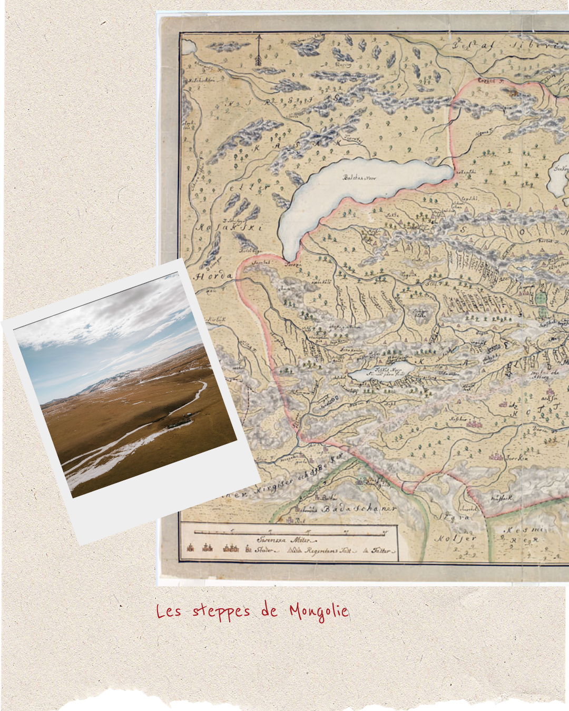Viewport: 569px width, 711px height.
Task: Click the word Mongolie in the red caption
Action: pos(319,611)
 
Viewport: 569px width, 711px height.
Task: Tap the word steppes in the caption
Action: pos(221,611)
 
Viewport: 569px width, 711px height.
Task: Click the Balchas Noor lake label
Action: pos(360,177)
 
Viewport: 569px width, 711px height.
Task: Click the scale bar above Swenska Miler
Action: pos(295,532)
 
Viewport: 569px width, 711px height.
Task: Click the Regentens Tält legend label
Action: pos(329,551)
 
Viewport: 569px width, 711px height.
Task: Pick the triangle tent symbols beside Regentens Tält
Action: pos(295,550)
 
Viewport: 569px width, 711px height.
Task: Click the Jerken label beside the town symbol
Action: pos(516,458)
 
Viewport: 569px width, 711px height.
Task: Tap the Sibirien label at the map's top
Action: pos(537,45)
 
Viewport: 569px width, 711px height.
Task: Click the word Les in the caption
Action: pos(169,611)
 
